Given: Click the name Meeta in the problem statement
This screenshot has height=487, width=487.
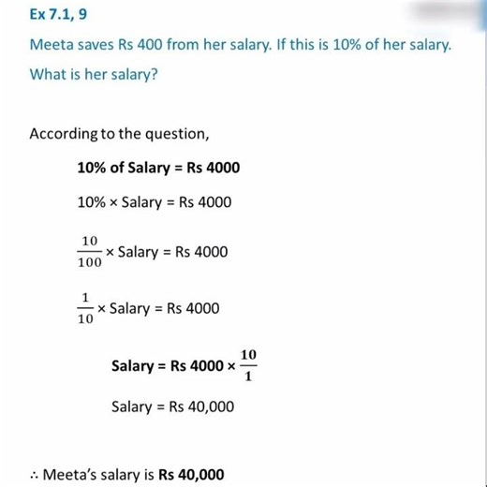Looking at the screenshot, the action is (x=52, y=45).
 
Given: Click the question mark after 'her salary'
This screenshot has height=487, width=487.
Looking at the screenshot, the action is (x=154, y=73).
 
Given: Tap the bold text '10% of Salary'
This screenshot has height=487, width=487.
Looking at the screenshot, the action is (x=123, y=168).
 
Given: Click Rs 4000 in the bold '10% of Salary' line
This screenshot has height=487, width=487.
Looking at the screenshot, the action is (x=216, y=168).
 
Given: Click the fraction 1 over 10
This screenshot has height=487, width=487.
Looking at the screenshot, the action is (x=85, y=308).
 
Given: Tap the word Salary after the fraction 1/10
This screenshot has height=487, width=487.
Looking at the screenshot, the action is (x=130, y=307).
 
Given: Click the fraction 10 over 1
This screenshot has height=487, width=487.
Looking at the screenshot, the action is (x=247, y=364).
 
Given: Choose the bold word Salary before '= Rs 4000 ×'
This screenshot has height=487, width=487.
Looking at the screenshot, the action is (x=132, y=365).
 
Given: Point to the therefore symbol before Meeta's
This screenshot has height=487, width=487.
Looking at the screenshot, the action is (x=34, y=475).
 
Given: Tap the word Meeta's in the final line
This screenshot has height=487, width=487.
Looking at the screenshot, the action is (x=71, y=474).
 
